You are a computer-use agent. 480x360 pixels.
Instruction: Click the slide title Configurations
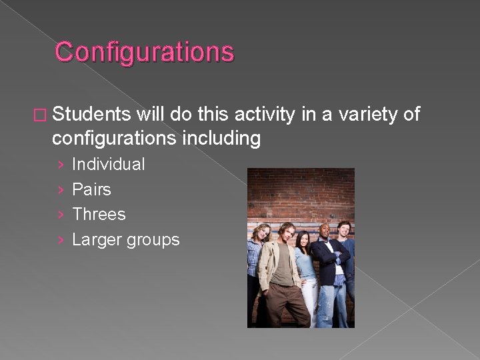point(145,52)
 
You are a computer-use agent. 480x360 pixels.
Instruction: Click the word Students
point(91,115)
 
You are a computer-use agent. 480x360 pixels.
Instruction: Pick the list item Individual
point(108,164)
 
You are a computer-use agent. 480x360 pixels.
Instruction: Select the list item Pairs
point(91,189)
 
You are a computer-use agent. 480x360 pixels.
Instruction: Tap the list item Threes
point(99,214)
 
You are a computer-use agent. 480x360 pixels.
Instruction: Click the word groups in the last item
point(153,240)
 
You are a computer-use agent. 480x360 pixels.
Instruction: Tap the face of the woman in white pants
point(302,239)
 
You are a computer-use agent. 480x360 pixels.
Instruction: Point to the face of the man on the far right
point(343,229)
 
